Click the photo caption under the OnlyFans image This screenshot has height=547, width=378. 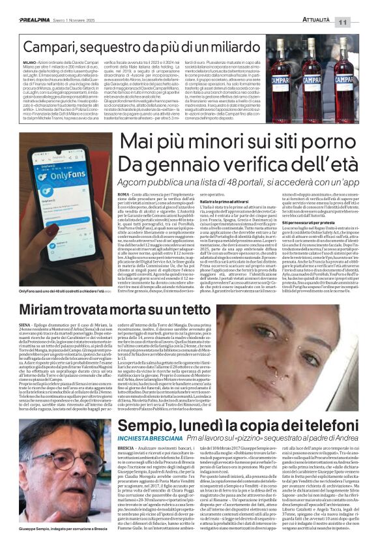pos(52,291)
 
